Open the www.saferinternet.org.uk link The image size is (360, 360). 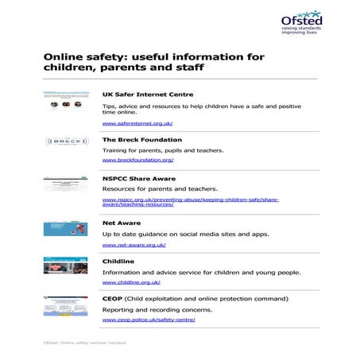click(x=137, y=124)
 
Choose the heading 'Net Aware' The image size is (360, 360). click(x=122, y=223)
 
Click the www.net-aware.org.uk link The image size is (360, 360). click(x=134, y=246)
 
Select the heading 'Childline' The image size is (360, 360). click(x=118, y=261)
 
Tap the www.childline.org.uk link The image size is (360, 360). click(x=132, y=282)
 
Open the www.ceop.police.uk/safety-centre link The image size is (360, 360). click(x=149, y=319)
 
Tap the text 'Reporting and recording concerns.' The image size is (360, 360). click(x=148, y=309)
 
